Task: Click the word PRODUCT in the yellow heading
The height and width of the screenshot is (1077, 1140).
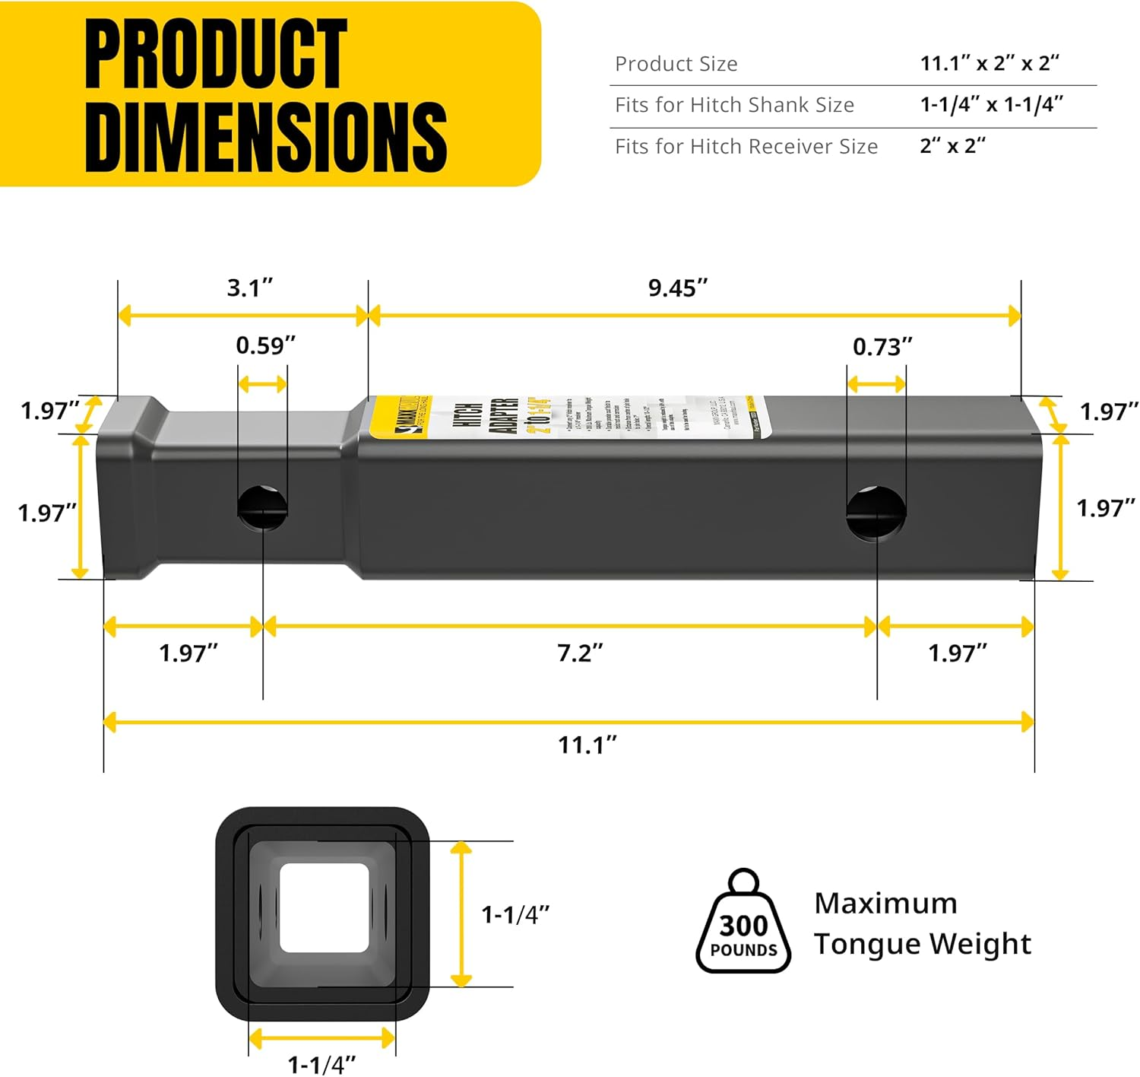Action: [x=216, y=55]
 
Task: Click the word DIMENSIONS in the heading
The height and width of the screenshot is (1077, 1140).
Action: [x=266, y=138]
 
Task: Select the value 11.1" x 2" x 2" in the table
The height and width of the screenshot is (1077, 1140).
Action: [x=990, y=63]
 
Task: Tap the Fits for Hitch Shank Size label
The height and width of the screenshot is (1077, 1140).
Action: [x=734, y=105]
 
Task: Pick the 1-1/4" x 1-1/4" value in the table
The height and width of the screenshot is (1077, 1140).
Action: [x=991, y=105]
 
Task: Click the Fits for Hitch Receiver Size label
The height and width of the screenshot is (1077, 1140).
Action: [x=746, y=146]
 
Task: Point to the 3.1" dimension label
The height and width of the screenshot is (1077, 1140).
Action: [x=250, y=288]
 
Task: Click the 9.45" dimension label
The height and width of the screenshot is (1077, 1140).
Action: [x=678, y=288]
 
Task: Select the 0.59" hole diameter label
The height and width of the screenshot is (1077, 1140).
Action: [x=265, y=345]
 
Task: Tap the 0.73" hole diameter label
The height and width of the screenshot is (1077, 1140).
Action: [x=882, y=347]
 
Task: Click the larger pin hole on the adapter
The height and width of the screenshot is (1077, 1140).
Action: [x=876, y=512]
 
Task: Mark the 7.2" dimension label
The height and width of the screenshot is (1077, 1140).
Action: [x=580, y=653]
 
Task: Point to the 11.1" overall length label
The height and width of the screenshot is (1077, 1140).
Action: [x=587, y=745]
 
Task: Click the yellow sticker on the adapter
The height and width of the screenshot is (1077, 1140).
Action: [x=570, y=416]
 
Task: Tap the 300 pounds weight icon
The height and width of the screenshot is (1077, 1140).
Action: [x=743, y=924]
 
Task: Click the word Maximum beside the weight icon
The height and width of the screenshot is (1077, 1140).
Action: [x=885, y=904]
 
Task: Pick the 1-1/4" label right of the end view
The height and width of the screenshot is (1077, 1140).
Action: [x=515, y=914]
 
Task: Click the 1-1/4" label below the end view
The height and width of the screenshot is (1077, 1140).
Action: [x=321, y=1064]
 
